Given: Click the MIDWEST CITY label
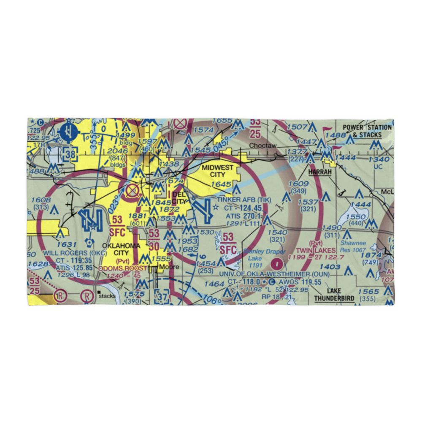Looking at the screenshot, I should tap(217, 171).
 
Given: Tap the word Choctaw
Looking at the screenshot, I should tap(262, 146).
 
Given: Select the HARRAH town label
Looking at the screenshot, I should tap(320, 173).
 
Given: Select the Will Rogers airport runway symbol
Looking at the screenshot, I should tap(92, 219).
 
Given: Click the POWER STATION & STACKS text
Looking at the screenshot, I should tap(362, 131).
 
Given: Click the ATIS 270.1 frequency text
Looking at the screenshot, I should tap(243, 216).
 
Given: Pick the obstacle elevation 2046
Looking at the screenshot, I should tap(115, 151).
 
